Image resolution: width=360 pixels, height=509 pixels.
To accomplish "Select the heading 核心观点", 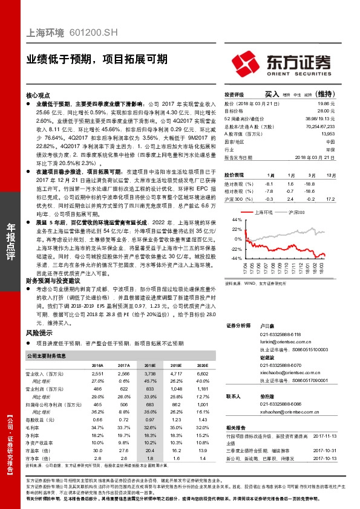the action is [x=38, y=96].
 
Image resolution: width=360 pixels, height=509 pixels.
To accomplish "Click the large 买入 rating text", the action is [x=272, y=94].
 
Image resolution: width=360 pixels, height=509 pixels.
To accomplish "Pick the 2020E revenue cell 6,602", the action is [x=202, y=375].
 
